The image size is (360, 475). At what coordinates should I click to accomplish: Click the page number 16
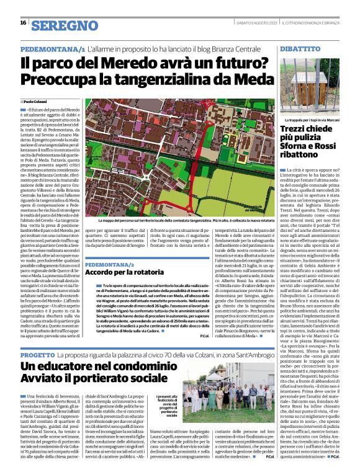pyautogui.click(x=23, y=23)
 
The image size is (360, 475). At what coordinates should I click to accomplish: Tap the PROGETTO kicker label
pyautogui.click(x=38, y=355)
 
